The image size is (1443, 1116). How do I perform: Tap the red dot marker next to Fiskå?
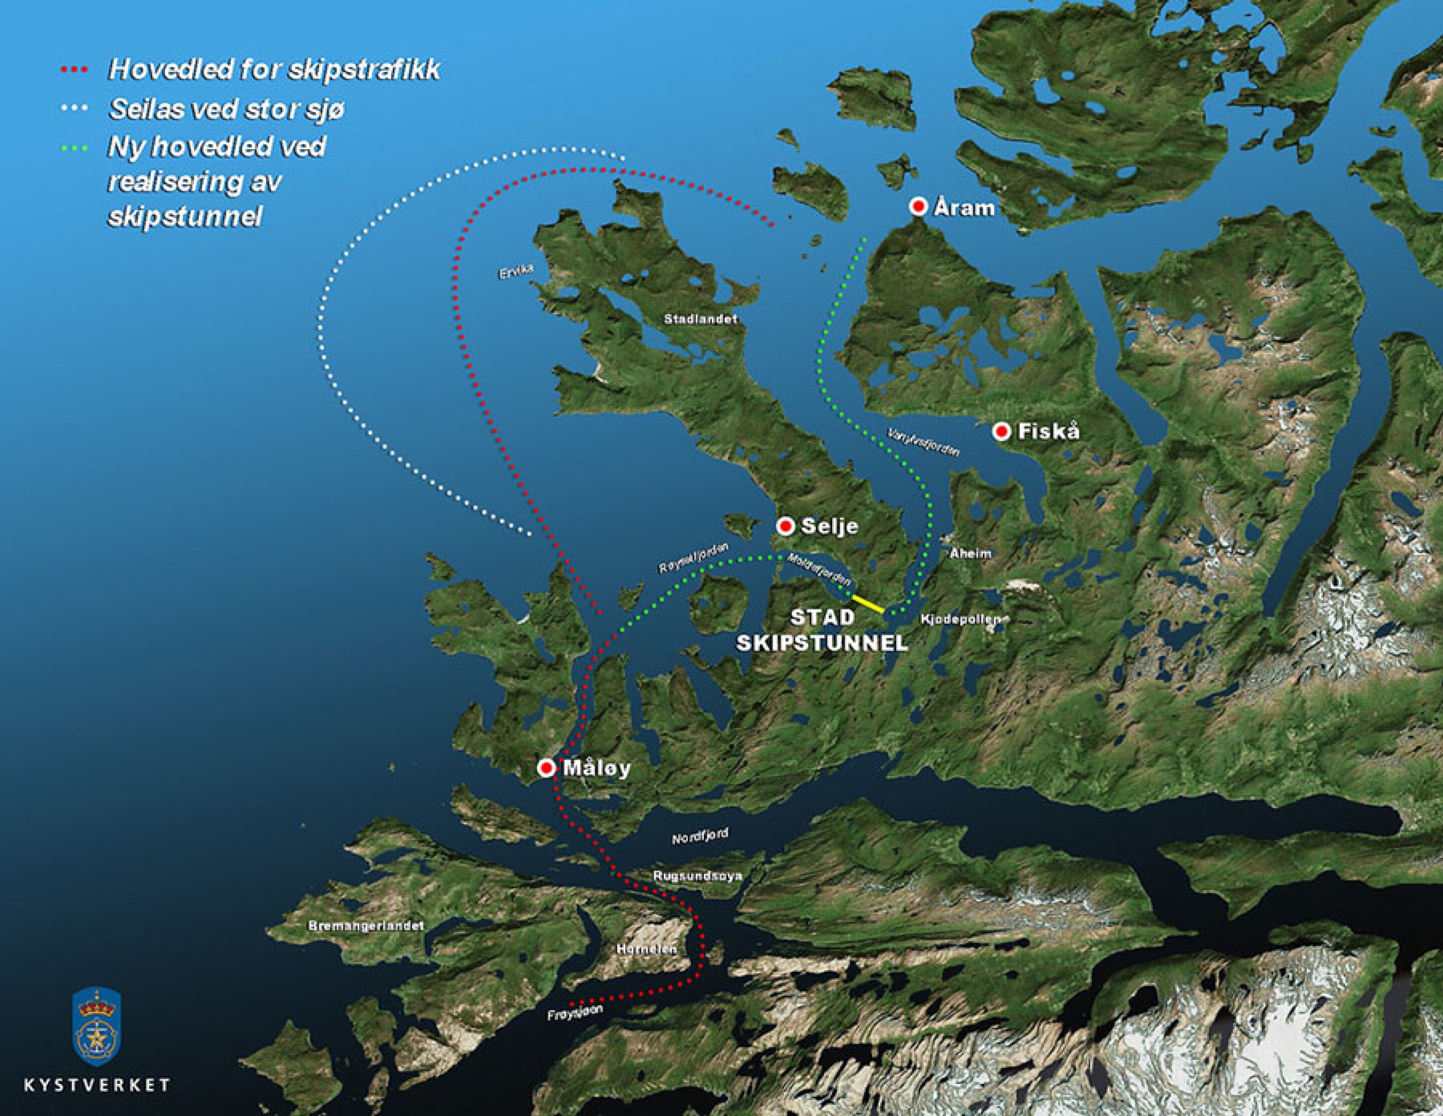click(1002, 432)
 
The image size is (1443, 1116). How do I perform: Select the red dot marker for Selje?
click(786, 526)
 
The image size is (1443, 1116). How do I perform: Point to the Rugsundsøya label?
click(698, 876)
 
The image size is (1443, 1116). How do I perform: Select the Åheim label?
click(970, 554)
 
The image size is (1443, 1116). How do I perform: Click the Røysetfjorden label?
click(695, 558)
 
